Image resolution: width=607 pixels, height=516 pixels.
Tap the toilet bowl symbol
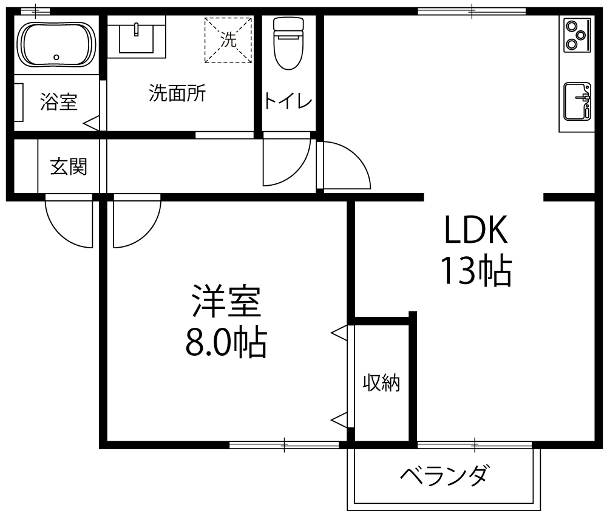pos(288,43)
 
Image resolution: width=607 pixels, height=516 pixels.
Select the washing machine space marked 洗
pos(228,39)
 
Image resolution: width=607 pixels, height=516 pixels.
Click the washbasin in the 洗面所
pos(136,37)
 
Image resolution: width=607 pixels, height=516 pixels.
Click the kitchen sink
pos(577,101)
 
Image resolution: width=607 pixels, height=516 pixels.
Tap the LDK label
pos(476,229)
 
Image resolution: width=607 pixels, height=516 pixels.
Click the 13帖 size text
pos(476,271)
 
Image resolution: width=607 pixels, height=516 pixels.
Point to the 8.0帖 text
pos(226,342)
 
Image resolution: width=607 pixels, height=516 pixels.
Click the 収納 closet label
pos(381,383)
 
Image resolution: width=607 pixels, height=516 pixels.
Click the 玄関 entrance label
pos(69,167)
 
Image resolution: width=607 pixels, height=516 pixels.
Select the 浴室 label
pos(59,102)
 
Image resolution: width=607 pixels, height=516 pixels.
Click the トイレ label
pos(288,101)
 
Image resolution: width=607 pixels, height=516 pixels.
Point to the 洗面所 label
pos(177,93)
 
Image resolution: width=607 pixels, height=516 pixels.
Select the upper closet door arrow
pos(339,333)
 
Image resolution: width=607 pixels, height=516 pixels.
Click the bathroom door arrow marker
pos(91,123)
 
